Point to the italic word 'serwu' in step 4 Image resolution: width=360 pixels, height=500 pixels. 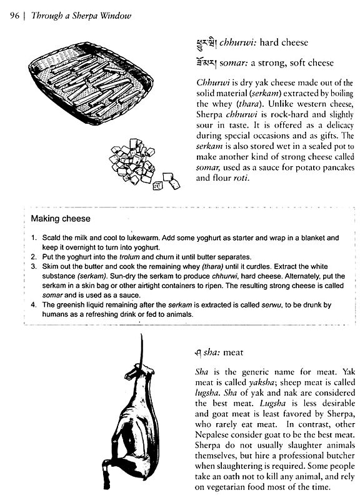coord(269,304)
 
